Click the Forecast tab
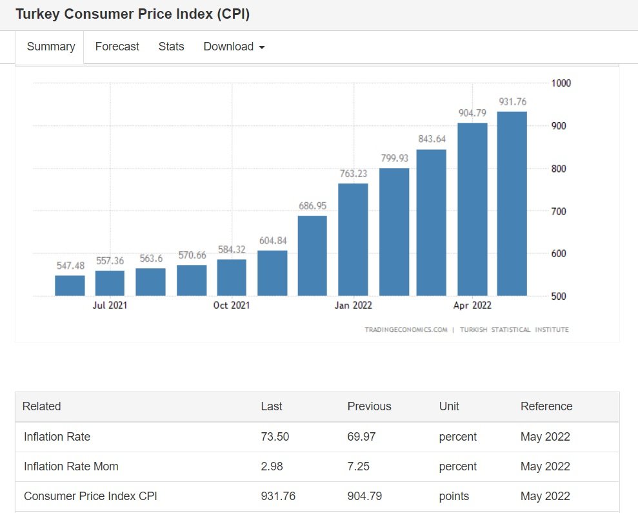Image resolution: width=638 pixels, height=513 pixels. pos(117,47)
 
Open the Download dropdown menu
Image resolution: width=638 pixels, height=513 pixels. pos(234,47)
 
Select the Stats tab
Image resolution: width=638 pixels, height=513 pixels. pos(171,47)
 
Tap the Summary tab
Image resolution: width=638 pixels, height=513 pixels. pos(51,47)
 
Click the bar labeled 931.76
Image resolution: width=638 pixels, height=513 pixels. pos(512,204)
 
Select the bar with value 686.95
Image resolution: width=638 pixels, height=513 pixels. pos(312,256)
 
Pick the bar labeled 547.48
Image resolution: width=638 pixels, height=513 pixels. pos(70,286)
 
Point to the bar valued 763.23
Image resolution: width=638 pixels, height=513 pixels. pos(353,240)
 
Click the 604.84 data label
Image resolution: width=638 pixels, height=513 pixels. pos(272,241)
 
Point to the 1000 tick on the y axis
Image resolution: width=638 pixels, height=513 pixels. pos(561,83)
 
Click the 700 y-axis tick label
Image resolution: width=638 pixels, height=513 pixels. pos(558,211)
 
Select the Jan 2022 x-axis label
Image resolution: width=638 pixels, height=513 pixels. pos(353,306)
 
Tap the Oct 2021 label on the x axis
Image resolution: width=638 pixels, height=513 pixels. pos(232,306)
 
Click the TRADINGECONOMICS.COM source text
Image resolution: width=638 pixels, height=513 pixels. pos(406,330)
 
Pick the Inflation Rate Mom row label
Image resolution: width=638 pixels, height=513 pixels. pos(71,466)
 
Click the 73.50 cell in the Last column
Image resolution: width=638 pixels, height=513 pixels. pos(275,437)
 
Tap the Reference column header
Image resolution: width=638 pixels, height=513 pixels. pos(546,406)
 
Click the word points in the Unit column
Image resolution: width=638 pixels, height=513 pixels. pos(454,496)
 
